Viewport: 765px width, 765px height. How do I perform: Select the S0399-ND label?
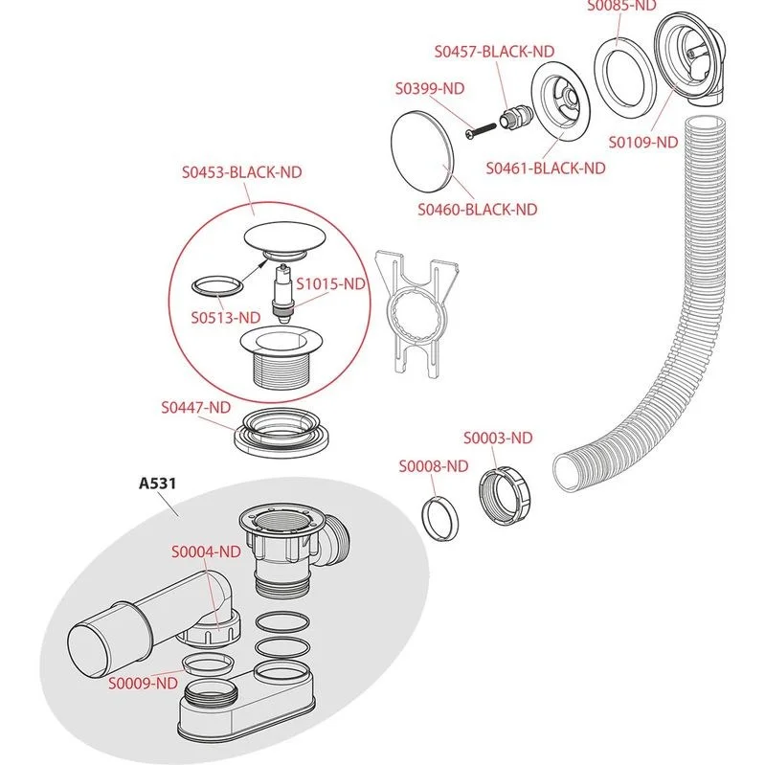coord(430,88)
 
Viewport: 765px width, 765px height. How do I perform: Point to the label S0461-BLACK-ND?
coord(546,168)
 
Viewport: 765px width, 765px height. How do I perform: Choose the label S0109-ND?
coord(643,142)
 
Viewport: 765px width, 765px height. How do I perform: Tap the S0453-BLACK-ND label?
coord(241,172)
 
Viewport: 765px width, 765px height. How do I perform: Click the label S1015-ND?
coord(330,283)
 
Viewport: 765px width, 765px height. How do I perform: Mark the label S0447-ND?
coord(195,406)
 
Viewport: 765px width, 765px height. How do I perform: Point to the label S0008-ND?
coord(433,466)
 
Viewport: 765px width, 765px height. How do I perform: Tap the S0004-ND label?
coord(206,551)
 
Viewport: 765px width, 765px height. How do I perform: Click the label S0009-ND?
coord(143,683)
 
